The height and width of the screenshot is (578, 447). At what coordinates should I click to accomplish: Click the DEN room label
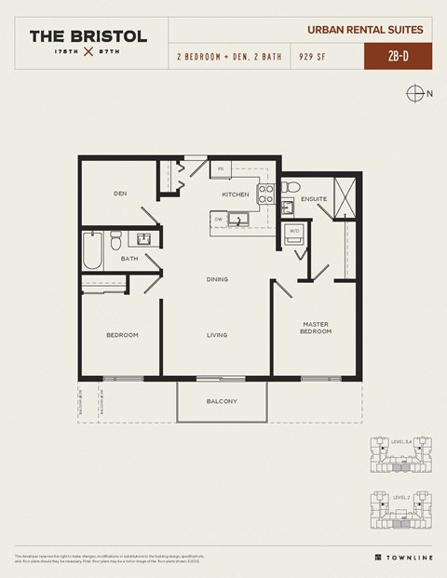[x=120, y=194]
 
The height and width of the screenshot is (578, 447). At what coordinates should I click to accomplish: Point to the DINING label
[x=217, y=279]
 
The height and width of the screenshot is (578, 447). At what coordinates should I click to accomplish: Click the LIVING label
[x=217, y=335]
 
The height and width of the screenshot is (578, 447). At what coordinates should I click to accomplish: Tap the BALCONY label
[x=222, y=401]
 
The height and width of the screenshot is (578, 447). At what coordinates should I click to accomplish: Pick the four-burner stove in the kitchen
[x=265, y=194]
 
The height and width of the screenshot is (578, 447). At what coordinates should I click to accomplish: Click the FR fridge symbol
[x=222, y=169]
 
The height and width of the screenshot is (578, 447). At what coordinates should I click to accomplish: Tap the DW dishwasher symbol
[x=218, y=220]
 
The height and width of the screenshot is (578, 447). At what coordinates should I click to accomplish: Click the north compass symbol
[x=415, y=93]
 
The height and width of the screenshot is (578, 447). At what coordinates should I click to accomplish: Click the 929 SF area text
[x=312, y=57]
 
